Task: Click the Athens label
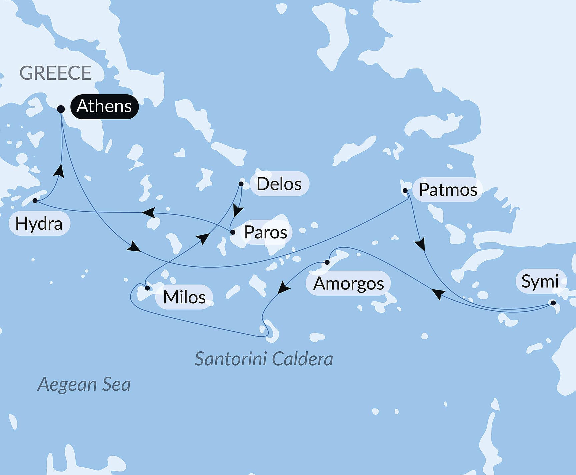pyautogui.click(x=104, y=107)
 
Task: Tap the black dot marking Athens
pyautogui.click(x=61, y=109)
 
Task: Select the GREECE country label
pyautogui.click(x=55, y=73)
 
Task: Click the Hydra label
pyautogui.click(x=39, y=224)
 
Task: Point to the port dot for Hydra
pyautogui.click(x=35, y=201)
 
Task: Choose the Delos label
pyautogui.click(x=279, y=184)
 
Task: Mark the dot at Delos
pyautogui.click(x=241, y=184)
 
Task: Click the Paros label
pyautogui.click(x=266, y=232)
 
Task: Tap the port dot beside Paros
pyautogui.click(x=233, y=232)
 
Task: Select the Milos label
pyautogui.click(x=184, y=297)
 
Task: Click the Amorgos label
pyautogui.click(x=348, y=284)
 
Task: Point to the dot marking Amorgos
pyautogui.click(x=327, y=262)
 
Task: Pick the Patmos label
pyautogui.click(x=448, y=190)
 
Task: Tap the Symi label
pyautogui.click(x=540, y=281)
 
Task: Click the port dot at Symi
pyautogui.click(x=553, y=303)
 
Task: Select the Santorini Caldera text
pyautogui.click(x=264, y=359)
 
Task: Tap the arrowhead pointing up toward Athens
pyautogui.click(x=59, y=171)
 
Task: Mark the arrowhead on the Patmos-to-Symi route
pyautogui.click(x=421, y=244)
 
